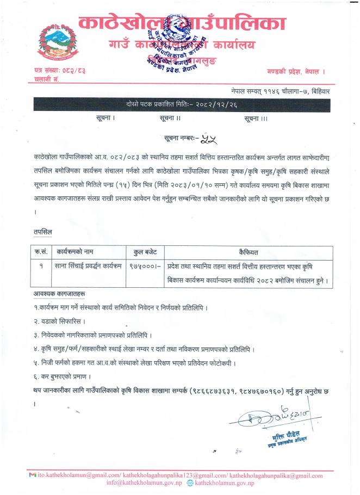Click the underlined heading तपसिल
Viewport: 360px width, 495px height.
pyautogui.click(x=42, y=232)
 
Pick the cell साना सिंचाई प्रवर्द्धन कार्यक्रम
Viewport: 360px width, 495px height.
pyautogui.click(x=88, y=266)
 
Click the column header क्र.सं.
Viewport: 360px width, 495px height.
pyautogui.click(x=42, y=252)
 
